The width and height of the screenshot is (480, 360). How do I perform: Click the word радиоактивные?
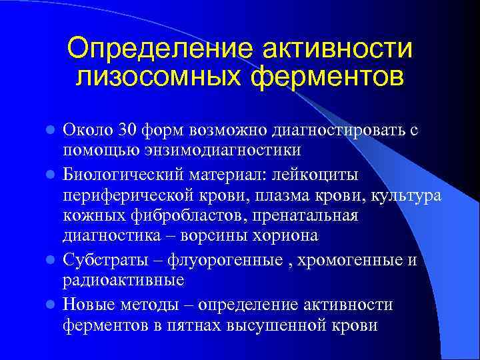(123, 279)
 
